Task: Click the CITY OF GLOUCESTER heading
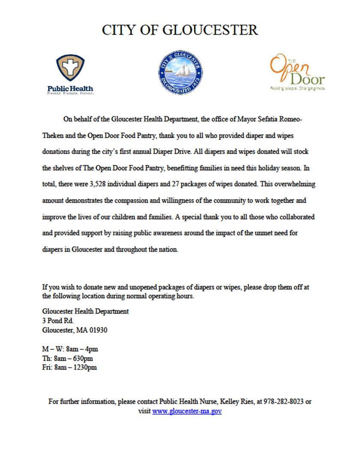[x=180, y=30]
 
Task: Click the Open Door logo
[x=297, y=73]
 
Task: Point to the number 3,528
[x=139, y=184]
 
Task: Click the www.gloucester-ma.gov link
[x=187, y=411]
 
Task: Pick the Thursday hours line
[x=67, y=359]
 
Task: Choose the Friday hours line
[x=69, y=368]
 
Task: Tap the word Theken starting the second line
[x=54, y=135]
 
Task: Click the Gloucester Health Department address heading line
[x=86, y=311]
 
